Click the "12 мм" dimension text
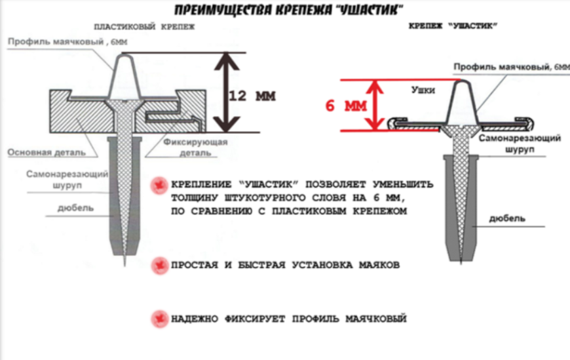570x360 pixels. [252, 96]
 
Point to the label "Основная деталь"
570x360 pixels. [47, 152]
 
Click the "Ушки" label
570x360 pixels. [425, 89]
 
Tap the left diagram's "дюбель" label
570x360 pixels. [75, 208]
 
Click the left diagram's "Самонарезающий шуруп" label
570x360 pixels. [60, 180]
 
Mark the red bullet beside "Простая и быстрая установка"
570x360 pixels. [157, 266]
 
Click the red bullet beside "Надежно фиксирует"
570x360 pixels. [157, 319]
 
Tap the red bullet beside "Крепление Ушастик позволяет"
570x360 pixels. [157, 185]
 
